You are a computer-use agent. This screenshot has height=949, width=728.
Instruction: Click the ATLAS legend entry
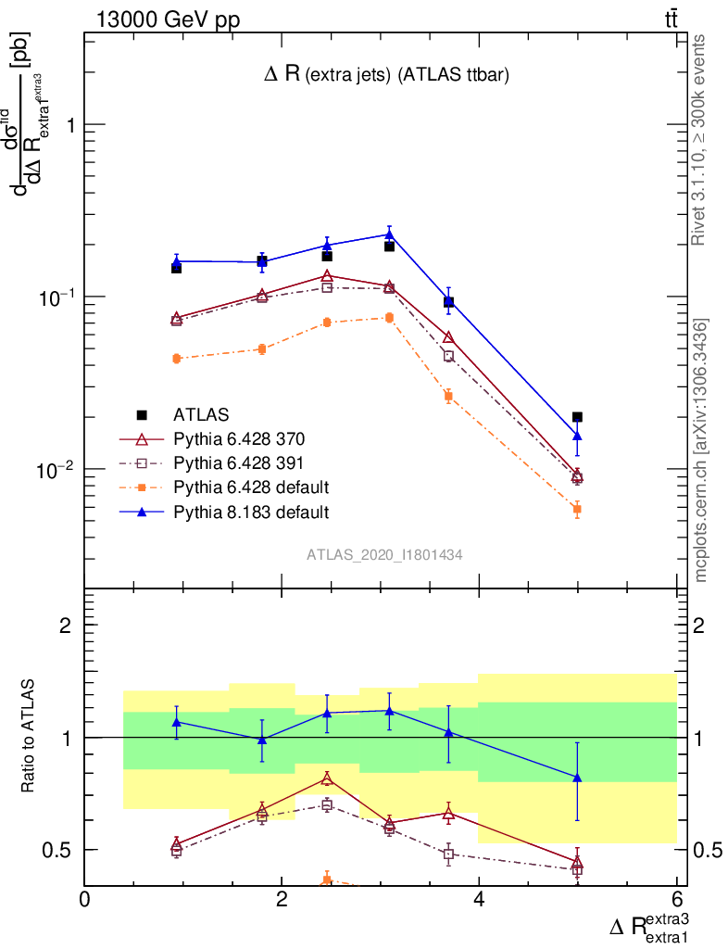[x=201, y=414]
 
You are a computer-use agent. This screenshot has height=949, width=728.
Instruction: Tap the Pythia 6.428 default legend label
[x=251, y=487]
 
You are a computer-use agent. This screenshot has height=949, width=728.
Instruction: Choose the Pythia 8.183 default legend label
[x=251, y=511]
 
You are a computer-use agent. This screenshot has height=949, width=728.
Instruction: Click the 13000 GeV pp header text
[x=167, y=20]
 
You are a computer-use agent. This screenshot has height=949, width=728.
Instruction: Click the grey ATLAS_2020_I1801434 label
[x=385, y=554]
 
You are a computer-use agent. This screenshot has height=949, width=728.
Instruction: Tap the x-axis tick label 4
[x=479, y=900]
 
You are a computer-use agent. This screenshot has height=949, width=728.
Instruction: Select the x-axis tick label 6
[x=676, y=900]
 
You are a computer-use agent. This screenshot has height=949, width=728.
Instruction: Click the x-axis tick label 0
[x=85, y=900]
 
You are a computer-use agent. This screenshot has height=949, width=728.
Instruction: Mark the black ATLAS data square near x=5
[x=577, y=417]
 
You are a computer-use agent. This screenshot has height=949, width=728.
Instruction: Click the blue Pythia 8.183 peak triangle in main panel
[x=389, y=234]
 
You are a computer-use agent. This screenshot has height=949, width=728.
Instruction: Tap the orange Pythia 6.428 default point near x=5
[x=577, y=509]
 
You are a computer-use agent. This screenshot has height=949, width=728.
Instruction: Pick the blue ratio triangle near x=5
[x=577, y=778]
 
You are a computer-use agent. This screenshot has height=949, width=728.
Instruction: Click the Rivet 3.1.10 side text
[x=700, y=139]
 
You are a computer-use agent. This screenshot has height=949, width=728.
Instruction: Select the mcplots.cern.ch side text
[x=700, y=449]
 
